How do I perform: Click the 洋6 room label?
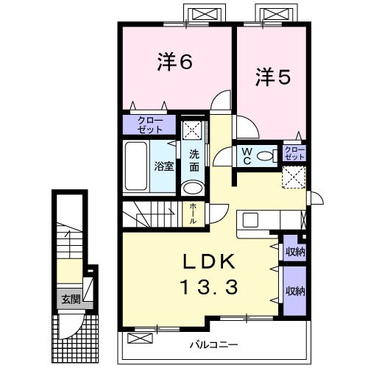pos(174,62)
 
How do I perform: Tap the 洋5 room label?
pos(273,77)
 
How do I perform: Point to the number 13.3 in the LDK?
pos(209,288)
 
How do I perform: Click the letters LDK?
pos(209,262)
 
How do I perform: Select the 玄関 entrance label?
pos(71,299)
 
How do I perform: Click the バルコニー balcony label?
pos(214,345)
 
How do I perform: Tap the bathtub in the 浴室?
pos(136,166)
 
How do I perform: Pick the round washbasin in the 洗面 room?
pos(194,188)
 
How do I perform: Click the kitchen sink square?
pos(250,220)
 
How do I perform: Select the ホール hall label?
pos(193,213)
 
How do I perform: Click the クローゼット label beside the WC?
pos(294,153)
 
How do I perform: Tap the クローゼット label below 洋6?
pos(150,125)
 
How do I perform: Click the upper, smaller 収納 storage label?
pos(295,252)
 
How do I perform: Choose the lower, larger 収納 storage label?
pos(295,291)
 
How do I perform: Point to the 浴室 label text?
pos(164,166)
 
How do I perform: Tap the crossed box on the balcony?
pos(140,339)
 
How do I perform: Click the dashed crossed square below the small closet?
pos(294,177)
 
